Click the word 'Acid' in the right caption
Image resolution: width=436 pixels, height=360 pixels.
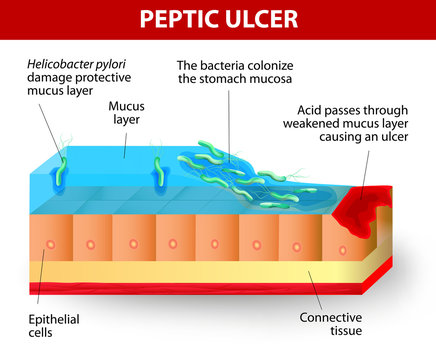(312, 112)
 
